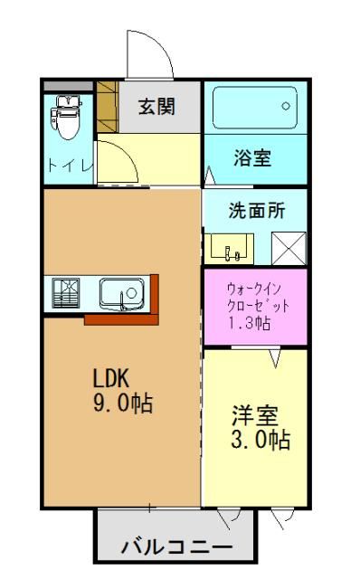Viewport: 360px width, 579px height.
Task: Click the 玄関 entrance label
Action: (x=156, y=106)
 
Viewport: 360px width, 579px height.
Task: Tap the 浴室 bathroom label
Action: (x=253, y=157)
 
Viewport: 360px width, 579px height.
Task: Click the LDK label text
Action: (x=112, y=378)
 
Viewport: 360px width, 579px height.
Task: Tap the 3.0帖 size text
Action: (x=260, y=441)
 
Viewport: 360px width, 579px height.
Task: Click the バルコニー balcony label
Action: (x=176, y=547)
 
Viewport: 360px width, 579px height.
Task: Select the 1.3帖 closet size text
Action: (x=251, y=323)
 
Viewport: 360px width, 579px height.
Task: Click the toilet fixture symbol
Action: (x=67, y=117)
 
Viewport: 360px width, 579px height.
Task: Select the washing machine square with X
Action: (x=289, y=248)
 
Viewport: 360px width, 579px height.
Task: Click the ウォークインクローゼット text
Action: (x=253, y=298)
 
